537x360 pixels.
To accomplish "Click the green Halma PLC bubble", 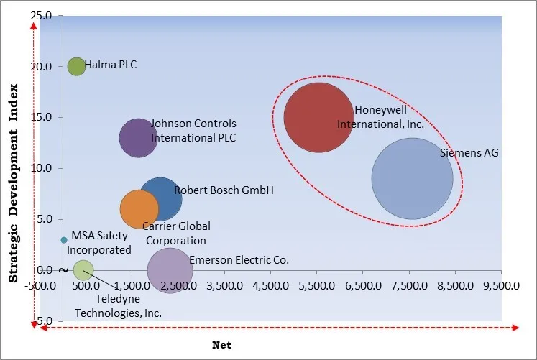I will coord(76,67).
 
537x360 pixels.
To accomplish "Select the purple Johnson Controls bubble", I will coord(138,137).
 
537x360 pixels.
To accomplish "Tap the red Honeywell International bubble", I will coord(318,118).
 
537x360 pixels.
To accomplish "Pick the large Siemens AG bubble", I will coord(412,179).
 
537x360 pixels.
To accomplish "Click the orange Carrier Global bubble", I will coord(139,209).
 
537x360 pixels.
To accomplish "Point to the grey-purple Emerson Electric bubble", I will coord(170,270).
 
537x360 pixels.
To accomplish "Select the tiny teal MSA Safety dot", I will coord(64,240).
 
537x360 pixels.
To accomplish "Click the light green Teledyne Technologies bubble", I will coord(83,270).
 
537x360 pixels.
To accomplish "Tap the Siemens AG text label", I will coord(469,153).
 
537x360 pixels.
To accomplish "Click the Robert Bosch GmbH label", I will coord(214,190).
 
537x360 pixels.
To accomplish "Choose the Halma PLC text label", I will coord(111,65).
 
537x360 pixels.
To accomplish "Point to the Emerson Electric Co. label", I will coord(239,260).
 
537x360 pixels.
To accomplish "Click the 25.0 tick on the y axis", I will coord(42,16).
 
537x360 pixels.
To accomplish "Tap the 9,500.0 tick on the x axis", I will coord(500,286).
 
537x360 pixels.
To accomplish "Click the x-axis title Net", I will coord(221,345).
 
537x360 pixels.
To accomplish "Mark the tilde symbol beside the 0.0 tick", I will coord(63,270).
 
